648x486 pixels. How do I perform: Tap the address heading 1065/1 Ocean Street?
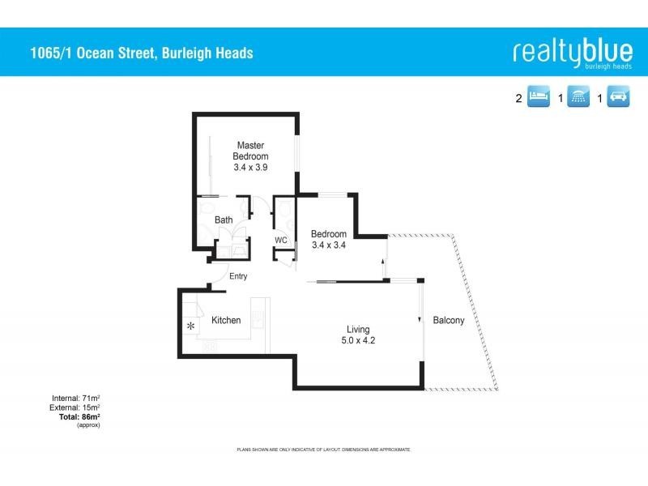[x=139, y=53]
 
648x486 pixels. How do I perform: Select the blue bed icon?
[x=539, y=98]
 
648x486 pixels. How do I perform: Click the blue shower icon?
[x=578, y=98]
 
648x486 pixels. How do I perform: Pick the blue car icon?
[x=618, y=98]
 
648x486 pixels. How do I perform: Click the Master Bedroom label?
[x=251, y=151]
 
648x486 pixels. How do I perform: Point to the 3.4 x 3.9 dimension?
[x=251, y=167]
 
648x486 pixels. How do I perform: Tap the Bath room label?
[x=224, y=220]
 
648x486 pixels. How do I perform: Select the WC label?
[x=281, y=241]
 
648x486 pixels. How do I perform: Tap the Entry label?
[x=237, y=276]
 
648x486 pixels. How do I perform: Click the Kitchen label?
[x=226, y=321]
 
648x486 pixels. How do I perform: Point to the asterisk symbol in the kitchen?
[x=191, y=326]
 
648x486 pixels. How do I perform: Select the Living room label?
[x=358, y=330]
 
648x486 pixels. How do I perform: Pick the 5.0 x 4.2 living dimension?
[x=358, y=341]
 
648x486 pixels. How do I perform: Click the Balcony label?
[x=449, y=321]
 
